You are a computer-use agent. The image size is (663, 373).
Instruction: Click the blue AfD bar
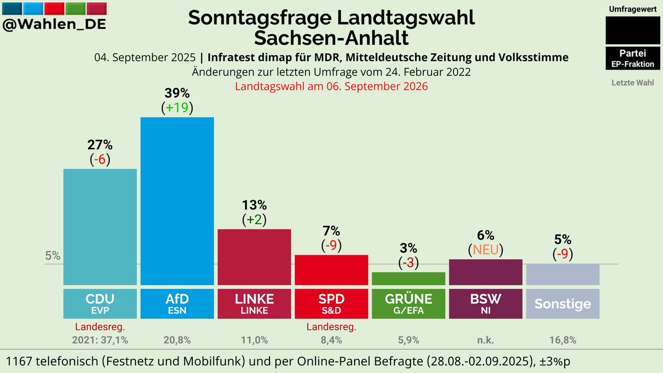point(177,201)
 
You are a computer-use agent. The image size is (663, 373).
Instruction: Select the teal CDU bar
point(100,226)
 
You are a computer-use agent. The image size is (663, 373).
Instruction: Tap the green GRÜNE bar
point(408,279)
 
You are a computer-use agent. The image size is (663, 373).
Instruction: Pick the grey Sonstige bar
point(562,274)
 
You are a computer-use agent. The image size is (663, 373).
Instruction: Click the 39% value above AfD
point(177,93)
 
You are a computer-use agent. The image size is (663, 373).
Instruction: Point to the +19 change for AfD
point(177,108)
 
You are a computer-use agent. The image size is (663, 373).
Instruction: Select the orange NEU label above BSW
point(486,249)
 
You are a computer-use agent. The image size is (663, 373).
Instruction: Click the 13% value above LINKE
point(254,205)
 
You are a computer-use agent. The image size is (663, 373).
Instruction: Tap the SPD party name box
point(331,303)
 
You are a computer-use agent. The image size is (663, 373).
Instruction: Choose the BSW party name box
point(486,303)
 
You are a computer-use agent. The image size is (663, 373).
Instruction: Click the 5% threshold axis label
point(52,256)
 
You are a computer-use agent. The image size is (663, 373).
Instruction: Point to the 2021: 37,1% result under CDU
point(100,340)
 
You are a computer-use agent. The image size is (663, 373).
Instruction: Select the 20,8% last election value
point(177,340)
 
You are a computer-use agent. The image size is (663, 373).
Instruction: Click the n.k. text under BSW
point(486,340)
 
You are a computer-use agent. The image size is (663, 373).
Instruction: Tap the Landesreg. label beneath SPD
point(331,327)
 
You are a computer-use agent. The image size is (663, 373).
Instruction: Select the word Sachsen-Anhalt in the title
point(331,38)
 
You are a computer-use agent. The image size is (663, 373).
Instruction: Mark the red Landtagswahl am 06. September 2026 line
point(331,87)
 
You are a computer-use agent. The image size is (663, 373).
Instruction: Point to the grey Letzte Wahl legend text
point(633,83)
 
